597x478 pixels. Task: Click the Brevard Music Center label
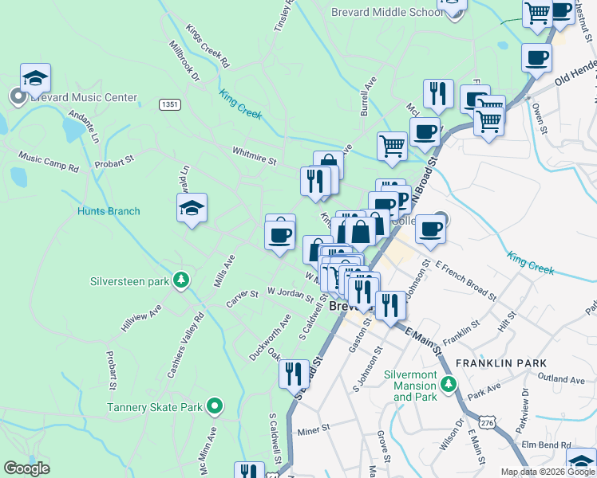click(83, 97)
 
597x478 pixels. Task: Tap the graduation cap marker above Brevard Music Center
click(35, 77)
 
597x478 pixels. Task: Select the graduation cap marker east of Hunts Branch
click(192, 208)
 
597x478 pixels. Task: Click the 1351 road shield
click(169, 104)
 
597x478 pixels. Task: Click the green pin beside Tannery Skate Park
click(214, 407)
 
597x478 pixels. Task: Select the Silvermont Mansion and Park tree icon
click(449, 385)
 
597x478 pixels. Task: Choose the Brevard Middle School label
click(386, 13)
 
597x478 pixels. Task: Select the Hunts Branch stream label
click(109, 211)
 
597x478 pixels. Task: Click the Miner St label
click(313, 429)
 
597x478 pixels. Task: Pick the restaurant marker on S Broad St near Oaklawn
click(293, 372)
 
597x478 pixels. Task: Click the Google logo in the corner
click(26, 468)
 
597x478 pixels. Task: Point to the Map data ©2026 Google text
click(548, 472)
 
